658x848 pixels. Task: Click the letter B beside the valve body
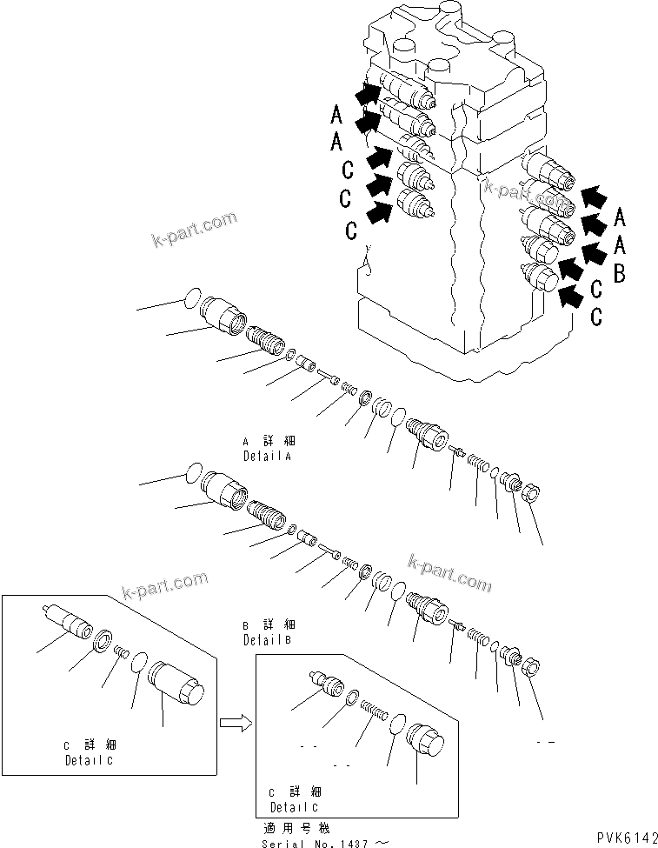click(620, 276)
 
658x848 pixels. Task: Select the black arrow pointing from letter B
click(592, 253)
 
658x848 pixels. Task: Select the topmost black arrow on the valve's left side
click(368, 90)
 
